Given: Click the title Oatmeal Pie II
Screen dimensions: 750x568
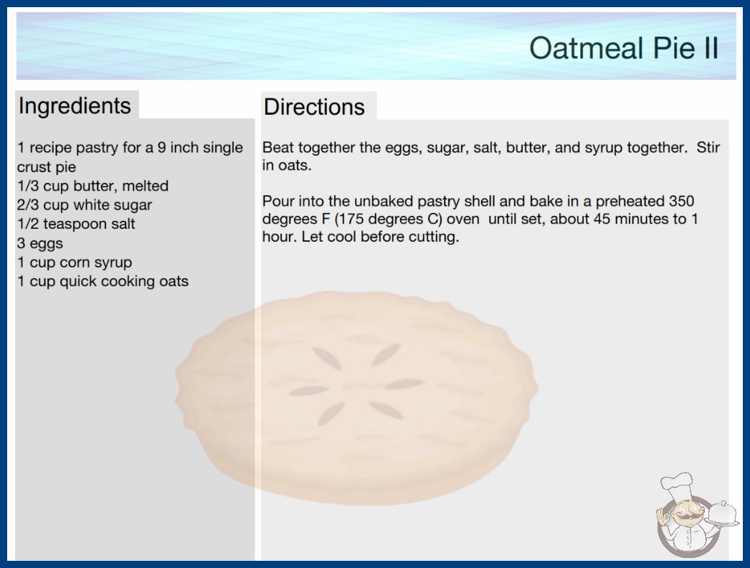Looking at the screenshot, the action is click(624, 48).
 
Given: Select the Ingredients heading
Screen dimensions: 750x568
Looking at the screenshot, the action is click(75, 106).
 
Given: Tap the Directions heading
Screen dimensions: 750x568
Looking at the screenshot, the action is click(314, 107).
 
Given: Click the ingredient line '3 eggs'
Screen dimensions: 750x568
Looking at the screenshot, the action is click(40, 243).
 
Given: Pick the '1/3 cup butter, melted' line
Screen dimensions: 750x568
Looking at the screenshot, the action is click(92, 186).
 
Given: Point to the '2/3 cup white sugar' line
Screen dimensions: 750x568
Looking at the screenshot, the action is click(85, 205).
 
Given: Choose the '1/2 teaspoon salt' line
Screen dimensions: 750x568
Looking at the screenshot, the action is click(76, 224).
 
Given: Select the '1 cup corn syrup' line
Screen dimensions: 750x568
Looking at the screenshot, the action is click(75, 262).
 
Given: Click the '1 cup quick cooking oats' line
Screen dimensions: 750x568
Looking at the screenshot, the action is click(103, 281).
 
